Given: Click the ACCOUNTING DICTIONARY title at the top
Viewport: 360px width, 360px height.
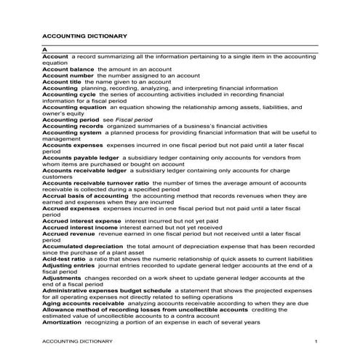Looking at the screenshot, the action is tap(85, 35).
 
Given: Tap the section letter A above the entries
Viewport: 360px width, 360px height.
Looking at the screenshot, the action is tap(45, 49).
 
